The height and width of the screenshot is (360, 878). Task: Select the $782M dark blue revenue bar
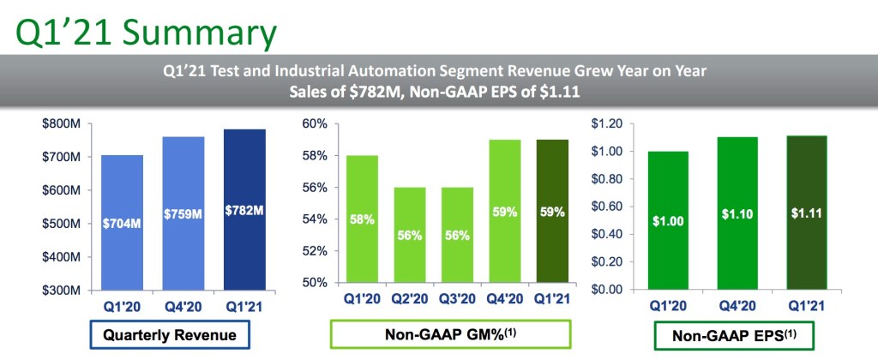[x=244, y=210]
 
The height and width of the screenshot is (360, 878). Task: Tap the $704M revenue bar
[x=122, y=223]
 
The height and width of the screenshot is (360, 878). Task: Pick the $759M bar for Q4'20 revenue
[x=183, y=213]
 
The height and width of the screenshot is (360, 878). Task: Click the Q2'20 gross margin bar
[x=410, y=235]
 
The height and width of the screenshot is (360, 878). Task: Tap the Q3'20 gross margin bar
[x=458, y=235]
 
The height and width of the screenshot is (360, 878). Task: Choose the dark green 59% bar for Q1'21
[x=553, y=211]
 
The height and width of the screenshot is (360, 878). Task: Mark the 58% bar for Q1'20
[x=362, y=219]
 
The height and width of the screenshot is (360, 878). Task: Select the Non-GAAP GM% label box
[x=450, y=335]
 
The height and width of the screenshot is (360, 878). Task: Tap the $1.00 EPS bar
[x=669, y=220]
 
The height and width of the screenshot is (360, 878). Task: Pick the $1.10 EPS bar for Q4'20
[x=737, y=213]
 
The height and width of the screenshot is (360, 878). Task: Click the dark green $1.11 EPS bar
[x=806, y=213]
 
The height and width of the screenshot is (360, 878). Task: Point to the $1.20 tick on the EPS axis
[x=606, y=123]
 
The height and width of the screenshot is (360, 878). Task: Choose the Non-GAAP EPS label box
[x=733, y=336]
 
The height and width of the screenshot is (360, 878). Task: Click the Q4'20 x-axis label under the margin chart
[x=505, y=298]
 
